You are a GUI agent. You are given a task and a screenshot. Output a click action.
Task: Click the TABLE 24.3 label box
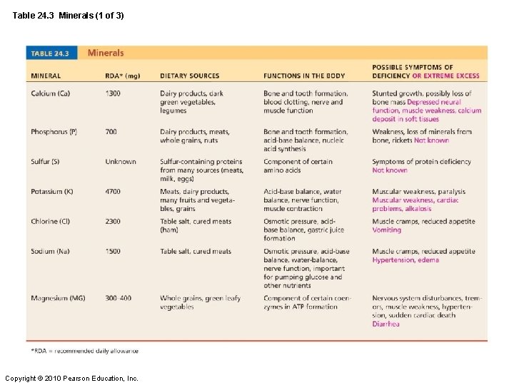[50, 53]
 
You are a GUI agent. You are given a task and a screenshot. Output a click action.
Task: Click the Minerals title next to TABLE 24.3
[106, 53]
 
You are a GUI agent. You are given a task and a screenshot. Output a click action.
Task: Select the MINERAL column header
[46, 76]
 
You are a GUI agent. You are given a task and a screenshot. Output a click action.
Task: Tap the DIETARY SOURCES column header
[189, 76]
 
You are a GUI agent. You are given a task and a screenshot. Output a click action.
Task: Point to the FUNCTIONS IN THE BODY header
[304, 76]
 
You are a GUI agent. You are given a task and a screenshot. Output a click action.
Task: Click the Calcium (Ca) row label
[51, 93]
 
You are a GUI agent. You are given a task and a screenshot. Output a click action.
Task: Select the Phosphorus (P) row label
[54, 132]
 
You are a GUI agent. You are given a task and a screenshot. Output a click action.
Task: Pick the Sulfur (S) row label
[45, 162]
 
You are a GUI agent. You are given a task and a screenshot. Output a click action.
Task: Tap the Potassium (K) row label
[52, 192]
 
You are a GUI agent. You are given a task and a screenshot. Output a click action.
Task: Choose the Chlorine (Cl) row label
[51, 222]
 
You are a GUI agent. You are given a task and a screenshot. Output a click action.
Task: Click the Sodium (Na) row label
[49, 252]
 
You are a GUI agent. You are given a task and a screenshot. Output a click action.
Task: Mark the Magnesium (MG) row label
[58, 298]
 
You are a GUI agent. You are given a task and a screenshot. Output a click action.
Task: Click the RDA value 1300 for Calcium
[113, 93]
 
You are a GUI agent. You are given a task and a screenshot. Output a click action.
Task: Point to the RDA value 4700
[113, 192]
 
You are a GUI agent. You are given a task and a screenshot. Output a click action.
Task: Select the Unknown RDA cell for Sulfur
[121, 162]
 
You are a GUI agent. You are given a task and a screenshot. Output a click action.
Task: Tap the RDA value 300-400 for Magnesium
[119, 298]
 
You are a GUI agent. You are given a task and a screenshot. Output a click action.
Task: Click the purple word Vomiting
[387, 230]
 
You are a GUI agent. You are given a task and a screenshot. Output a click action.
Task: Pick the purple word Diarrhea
[386, 324]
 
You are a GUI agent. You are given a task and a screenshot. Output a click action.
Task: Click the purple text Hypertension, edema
[405, 260]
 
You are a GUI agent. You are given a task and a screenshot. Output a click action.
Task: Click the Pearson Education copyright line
[71, 378]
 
